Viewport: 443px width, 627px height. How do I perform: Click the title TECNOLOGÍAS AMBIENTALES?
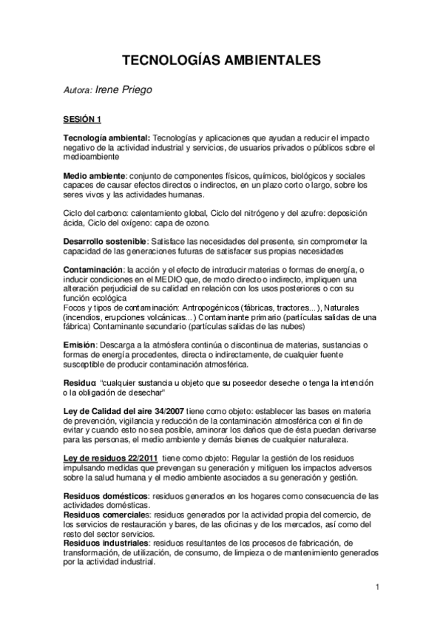click(221, 60)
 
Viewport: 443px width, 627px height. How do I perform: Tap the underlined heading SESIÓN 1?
click(82, 118)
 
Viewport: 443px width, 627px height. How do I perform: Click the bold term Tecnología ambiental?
click(106, 138)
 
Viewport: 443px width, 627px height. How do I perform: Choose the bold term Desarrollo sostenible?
click(106, 242)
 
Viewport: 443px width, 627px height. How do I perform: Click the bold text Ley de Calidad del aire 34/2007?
click(124, 410)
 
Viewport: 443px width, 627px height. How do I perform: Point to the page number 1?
click(377, 589)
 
